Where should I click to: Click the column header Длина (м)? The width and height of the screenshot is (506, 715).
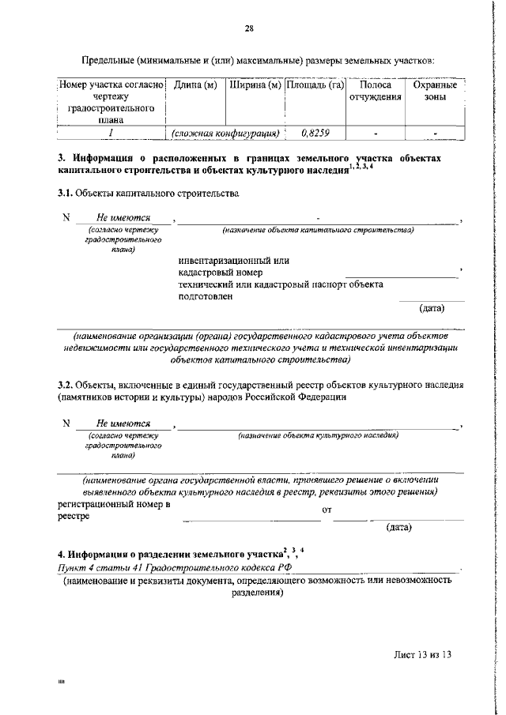194,85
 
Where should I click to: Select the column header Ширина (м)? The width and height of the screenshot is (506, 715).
255,85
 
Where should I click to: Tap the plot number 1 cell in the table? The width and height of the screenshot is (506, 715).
111,134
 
